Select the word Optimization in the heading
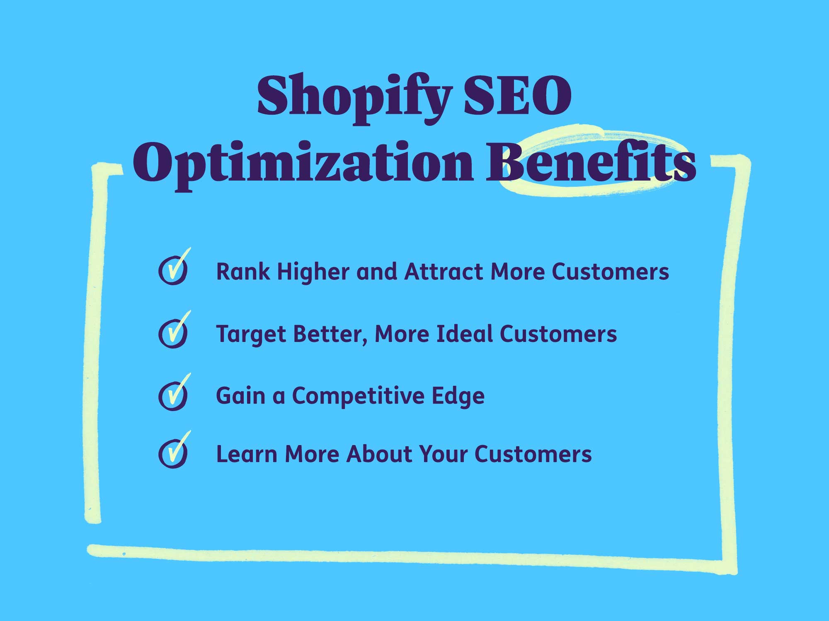[303, 164]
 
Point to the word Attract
[444, 272]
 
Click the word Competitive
[358, 396]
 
